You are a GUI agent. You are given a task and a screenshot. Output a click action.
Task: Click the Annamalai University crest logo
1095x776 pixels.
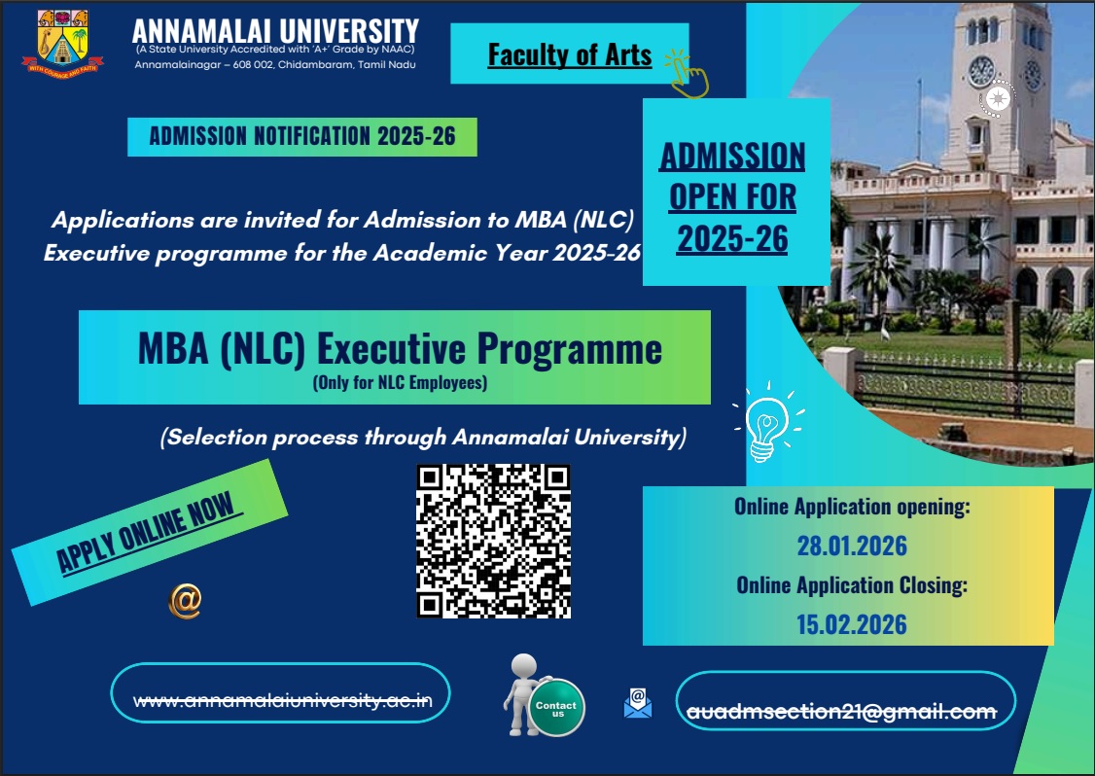click(62, 44)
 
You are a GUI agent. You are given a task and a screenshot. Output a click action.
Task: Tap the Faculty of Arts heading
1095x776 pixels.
click(569, 54)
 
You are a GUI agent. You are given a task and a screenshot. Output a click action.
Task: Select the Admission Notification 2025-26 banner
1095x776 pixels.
click(302, 136)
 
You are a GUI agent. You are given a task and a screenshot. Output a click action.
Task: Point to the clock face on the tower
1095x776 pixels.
click(981, 71)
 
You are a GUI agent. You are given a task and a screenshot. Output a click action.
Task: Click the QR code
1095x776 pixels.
click(494, 542)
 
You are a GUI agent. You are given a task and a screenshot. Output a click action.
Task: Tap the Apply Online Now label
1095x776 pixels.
click(148, 532)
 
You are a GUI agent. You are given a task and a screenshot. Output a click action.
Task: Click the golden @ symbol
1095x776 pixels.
click(185, 601)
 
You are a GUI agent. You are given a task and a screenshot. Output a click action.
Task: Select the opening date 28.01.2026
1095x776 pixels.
click(852, 546)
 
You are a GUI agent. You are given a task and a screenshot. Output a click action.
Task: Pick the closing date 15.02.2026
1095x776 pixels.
click(851, 624)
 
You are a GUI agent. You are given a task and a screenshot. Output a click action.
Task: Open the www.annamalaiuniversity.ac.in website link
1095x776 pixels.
click(283, 700)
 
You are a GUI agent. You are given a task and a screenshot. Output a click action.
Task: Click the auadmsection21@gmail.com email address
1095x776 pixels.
click(841, 711)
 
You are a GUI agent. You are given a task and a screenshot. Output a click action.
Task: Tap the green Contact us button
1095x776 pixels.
click(556, 708)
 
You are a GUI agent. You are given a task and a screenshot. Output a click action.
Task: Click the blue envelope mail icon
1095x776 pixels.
click(638, 703)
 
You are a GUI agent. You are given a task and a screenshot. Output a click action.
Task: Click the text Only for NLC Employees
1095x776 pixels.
click(400, 383)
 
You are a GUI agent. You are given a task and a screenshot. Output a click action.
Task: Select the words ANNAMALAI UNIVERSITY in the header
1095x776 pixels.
click(275, 30)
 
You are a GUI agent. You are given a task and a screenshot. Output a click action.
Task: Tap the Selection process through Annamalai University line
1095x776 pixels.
click(423, 438)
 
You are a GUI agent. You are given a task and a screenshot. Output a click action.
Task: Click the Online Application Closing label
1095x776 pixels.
click(852, 584)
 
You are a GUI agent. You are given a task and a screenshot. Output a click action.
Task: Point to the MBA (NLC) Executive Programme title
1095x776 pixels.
click(400, 348)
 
